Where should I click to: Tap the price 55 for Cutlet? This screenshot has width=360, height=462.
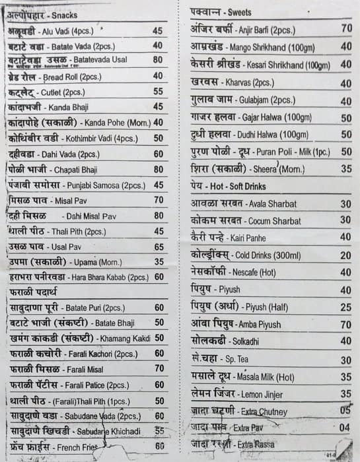coord(158,92)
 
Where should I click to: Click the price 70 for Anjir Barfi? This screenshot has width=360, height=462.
coord(346,28)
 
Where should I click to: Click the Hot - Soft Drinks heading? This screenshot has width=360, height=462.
coord(228,187)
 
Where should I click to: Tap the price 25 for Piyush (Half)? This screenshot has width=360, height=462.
coord(345,307)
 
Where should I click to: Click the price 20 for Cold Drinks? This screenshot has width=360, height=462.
coord(345,255)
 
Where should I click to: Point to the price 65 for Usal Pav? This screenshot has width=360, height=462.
coord(158,246)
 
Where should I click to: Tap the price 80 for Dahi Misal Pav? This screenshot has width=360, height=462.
coord(158,215)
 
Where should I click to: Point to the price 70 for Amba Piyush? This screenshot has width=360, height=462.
coord(345,325)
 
